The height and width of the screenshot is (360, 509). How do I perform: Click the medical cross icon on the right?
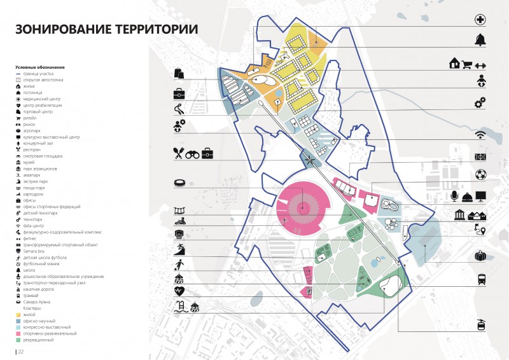point(480,20)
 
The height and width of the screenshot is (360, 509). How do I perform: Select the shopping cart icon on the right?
point(468,64)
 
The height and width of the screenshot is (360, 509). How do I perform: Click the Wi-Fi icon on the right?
point(480,135)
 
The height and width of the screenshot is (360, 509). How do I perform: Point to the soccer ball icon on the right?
point(480,174)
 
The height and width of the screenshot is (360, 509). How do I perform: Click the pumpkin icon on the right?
point(480,256)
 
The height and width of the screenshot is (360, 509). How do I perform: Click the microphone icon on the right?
point(456,195)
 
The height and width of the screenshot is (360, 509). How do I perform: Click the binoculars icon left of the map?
point(193,153)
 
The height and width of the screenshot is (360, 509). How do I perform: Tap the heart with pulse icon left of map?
point(179,291)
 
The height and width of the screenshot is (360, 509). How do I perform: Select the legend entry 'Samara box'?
point(34,253)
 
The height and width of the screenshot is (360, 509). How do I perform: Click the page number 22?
point(20,351)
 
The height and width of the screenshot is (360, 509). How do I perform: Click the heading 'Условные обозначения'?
point(40,67)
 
